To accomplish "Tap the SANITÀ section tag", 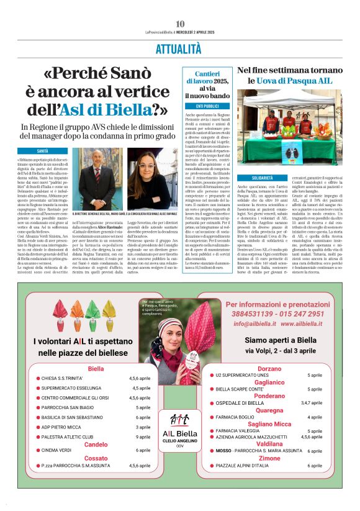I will (x=43, y=151).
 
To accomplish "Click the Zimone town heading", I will (x=269, y=458).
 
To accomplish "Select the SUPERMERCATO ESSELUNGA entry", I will (x=70, y=388).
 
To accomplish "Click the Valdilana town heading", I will (x=269, y=444).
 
